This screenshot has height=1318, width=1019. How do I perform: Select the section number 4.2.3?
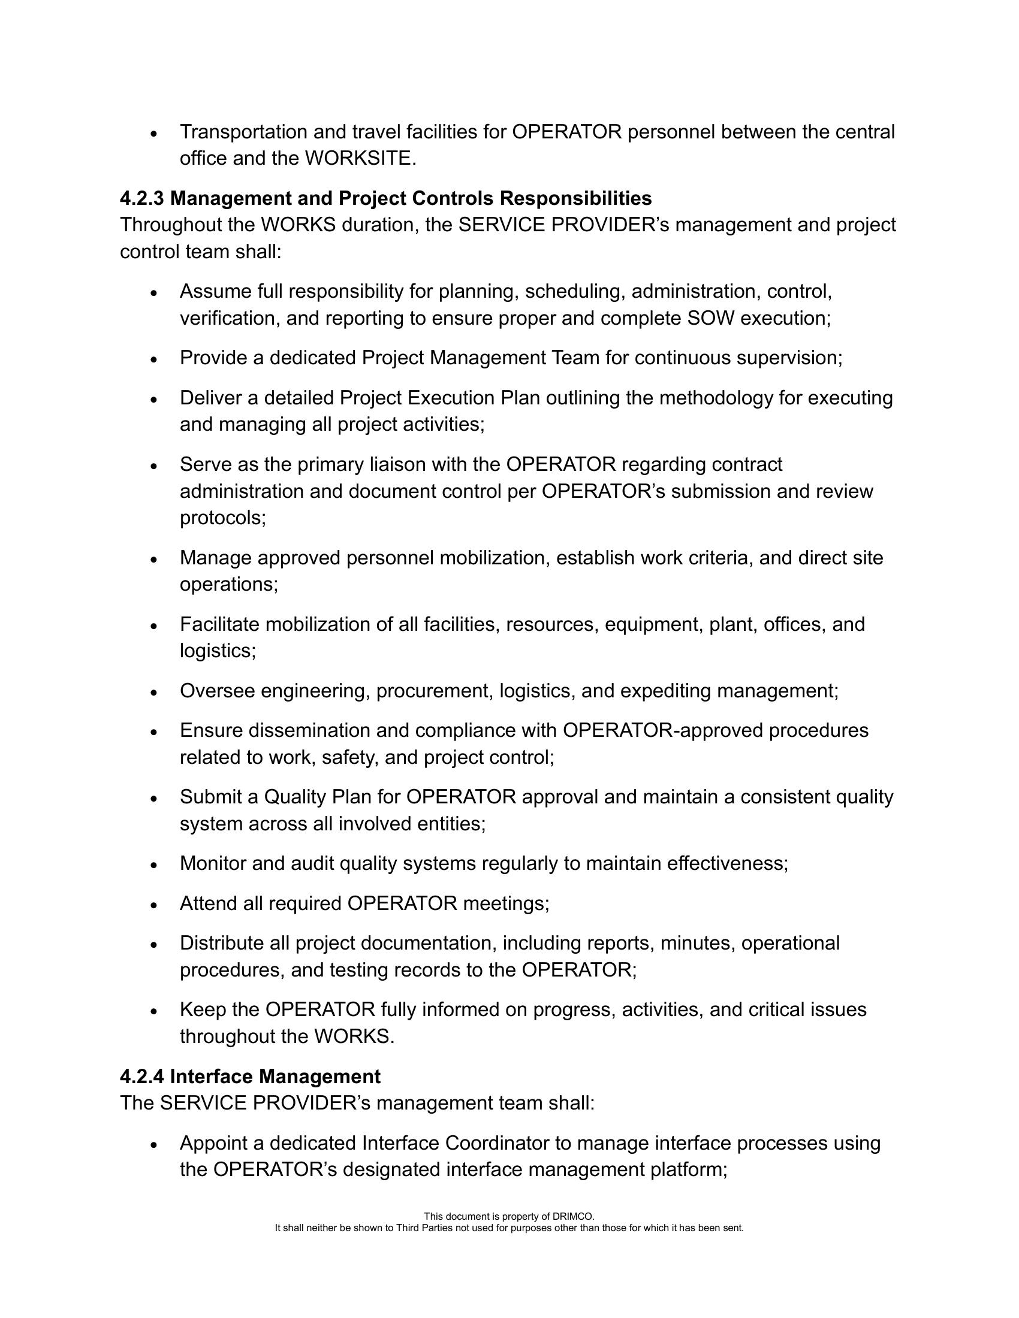(x=142, y=198)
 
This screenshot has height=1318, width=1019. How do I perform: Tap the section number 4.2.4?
(x=142, y=1077)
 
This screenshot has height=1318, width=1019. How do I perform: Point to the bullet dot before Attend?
(x=154, y=905)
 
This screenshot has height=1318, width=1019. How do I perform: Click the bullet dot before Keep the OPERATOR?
(x=154, y=1011)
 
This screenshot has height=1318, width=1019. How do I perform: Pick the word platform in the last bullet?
(x=688, y=1169)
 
